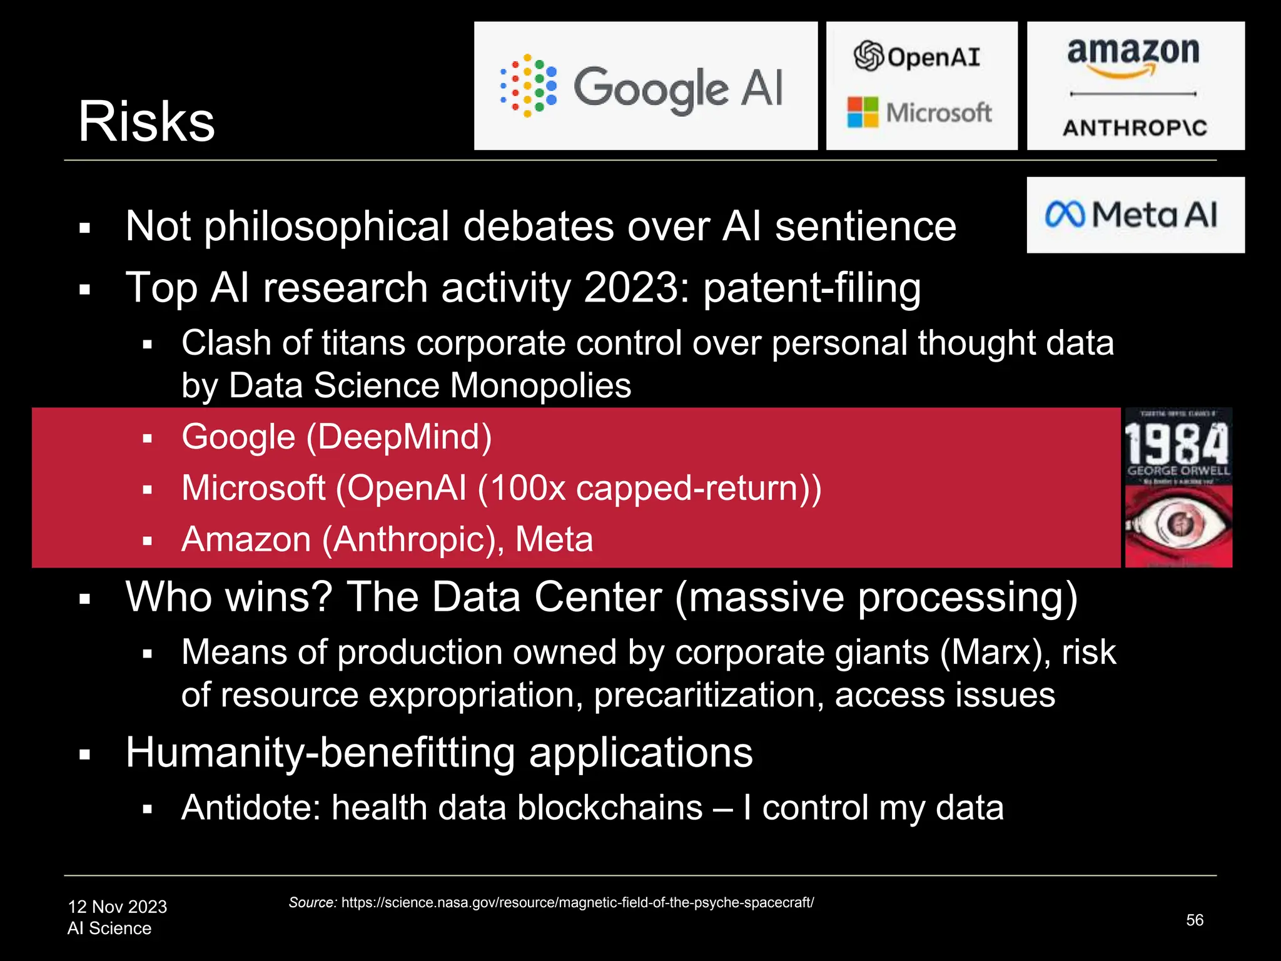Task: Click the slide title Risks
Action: pos(146,121)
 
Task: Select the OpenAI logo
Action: pos(917,56)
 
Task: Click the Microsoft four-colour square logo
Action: pos(863,113)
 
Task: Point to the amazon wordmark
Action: pos(1133,53)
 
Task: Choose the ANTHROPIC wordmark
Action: pos(1135,128)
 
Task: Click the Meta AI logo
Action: pos(1135,215)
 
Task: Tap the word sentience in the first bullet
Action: pos(866,226)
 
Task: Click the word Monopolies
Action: pos(540,385)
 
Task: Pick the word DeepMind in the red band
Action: pos(398,437)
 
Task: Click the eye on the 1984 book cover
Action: pos(1178,524)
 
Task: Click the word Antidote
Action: pos(251,808)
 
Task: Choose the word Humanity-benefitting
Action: pos(320,752)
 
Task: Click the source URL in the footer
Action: pos(577,902)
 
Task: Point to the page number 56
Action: pos(1194,920)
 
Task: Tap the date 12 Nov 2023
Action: pos(118,907)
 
